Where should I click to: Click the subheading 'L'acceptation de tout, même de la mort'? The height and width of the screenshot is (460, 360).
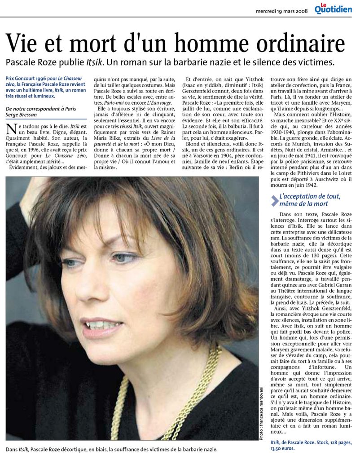[x=310, y=200]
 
